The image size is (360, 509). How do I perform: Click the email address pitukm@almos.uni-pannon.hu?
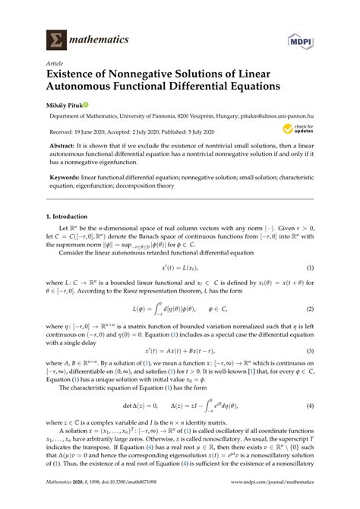point(282,117)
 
